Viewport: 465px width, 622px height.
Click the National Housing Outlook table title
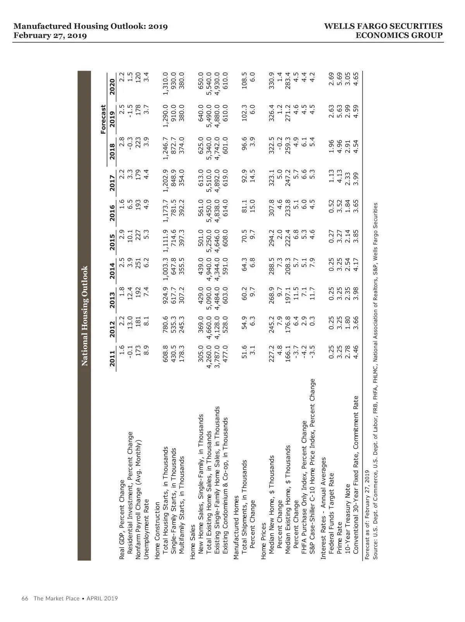tap(84, 316)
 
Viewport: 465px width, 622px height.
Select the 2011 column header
tap(112, 359)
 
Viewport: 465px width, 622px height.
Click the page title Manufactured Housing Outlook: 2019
tap(91, 26)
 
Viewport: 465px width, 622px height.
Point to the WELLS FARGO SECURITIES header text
tap(383, 26)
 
